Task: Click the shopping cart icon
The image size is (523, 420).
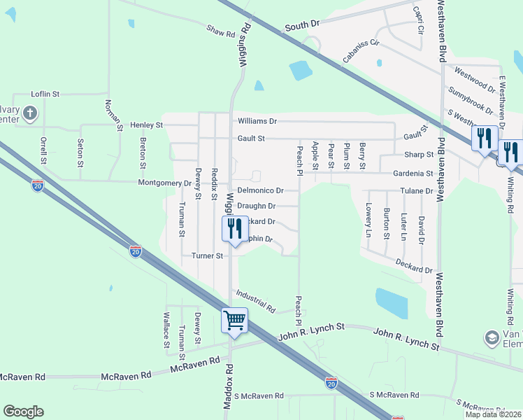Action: click(x=235, y=321)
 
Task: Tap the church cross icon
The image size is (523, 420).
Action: click(x=30, y=112)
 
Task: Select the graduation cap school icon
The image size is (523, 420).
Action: click(x=492, y=338)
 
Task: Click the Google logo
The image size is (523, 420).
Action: click(x=23, y=412)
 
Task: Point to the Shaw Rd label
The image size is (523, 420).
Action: click(x=220, y=31)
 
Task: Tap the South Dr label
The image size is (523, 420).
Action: click(x=302, y=24)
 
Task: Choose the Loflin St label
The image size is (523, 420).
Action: click(x=46, y=94)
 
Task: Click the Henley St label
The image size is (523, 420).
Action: click(x=146, y=125)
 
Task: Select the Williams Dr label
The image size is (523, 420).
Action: click(x=257, y=121)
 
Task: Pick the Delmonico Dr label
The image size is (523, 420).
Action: click(x=260, y=190)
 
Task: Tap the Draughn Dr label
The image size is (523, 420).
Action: click(x=257, y=206)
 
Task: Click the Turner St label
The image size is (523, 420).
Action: click(x=207, y=256)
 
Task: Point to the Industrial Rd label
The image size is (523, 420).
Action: click(x=256, y=301)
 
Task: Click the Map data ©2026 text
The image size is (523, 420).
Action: click(x=493, y=414)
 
